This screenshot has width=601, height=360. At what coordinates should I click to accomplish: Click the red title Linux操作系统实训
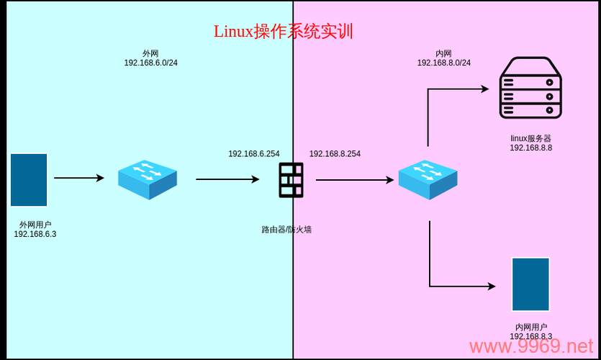pos(283,32)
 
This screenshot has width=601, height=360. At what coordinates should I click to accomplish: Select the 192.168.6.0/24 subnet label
pos(150,63)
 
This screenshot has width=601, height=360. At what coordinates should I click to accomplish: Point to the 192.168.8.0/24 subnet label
pos(443,63)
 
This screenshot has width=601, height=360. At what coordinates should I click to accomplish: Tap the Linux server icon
pos(530,88)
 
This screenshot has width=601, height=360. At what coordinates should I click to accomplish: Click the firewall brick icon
pos(291,180)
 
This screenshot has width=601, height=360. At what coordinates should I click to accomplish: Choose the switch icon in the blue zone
pos(148,179)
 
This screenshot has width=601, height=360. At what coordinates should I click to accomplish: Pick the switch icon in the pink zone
pos(428,179)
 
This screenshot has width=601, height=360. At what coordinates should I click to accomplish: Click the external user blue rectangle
pos(29,180)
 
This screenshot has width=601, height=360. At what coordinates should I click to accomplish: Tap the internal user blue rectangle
pos(530,284)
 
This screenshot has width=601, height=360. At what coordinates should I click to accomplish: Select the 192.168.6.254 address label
pos(254,154)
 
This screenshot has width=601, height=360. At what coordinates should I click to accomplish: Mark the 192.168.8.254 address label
pos(335,154)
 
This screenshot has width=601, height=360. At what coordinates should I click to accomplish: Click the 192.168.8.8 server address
pos(530,148)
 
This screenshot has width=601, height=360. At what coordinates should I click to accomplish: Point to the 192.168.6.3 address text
pos(35,234)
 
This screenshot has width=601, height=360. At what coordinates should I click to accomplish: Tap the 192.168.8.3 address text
pos(530,337)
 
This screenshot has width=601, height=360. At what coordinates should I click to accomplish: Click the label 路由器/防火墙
pos(286,230)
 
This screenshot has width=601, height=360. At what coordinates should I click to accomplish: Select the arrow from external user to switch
pos(79,178)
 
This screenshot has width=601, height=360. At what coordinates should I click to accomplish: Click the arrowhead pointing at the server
pos(484,89)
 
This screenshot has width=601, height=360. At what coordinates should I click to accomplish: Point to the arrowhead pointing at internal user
pos(491,286)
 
